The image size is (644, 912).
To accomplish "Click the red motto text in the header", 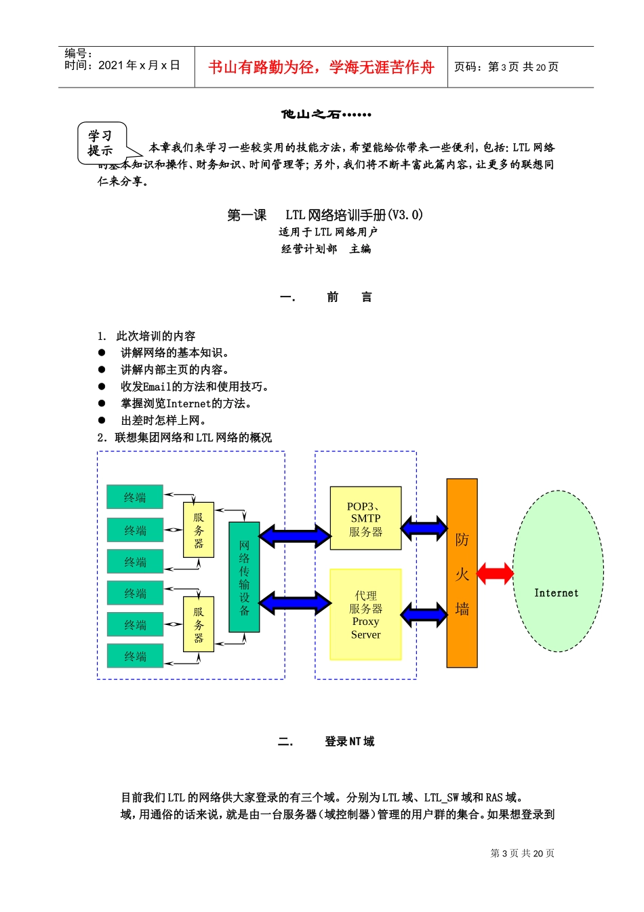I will [x=321, y=67].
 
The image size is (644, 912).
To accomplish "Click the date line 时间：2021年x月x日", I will [x=122, y=65].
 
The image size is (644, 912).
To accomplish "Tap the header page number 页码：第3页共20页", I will [x=506, y=66].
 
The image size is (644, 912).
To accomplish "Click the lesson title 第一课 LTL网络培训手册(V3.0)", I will [x=325, y=215].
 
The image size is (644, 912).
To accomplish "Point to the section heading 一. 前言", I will [x=326, y=297].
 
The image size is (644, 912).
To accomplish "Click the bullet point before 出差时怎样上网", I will [x=102, y=420].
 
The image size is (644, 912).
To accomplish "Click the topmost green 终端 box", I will [x=135, y=497].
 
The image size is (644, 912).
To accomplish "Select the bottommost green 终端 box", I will [x=135, y=656].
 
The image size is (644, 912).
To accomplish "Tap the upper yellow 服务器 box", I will [x=199, y=530].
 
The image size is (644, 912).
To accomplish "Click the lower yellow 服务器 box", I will [x=199, y=624].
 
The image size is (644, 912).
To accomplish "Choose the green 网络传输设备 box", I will [x=244, y=577].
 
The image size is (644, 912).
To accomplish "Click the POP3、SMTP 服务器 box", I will [x=365, y=518].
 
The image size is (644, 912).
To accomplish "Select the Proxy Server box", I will [x=365, y=615].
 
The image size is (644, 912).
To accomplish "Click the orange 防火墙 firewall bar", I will [x=462, y=573].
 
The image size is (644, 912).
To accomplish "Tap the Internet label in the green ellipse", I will [x=556, y=593].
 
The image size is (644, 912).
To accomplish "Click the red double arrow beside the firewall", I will [x=496, y=573].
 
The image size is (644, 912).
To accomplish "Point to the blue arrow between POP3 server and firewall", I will [x=424, y=528].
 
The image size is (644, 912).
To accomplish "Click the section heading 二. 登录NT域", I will [x=326, y=742].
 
